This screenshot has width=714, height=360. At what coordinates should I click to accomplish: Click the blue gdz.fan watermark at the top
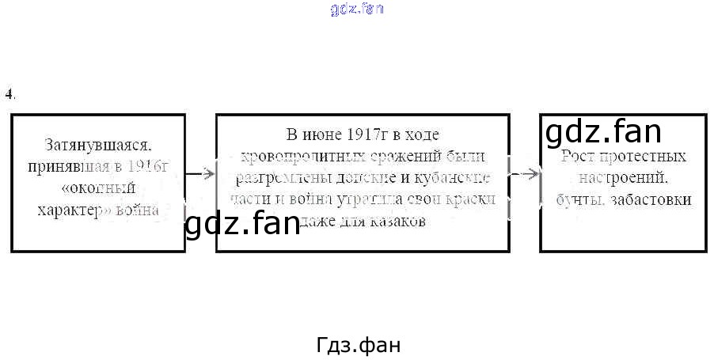[x=356, y=9]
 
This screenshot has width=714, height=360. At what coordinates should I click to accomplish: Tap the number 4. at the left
[x=9, y=94]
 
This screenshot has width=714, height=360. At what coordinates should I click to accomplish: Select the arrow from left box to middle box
[x=201, y=172]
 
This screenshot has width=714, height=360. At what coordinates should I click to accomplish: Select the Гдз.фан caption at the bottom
[x=357, y=346]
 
